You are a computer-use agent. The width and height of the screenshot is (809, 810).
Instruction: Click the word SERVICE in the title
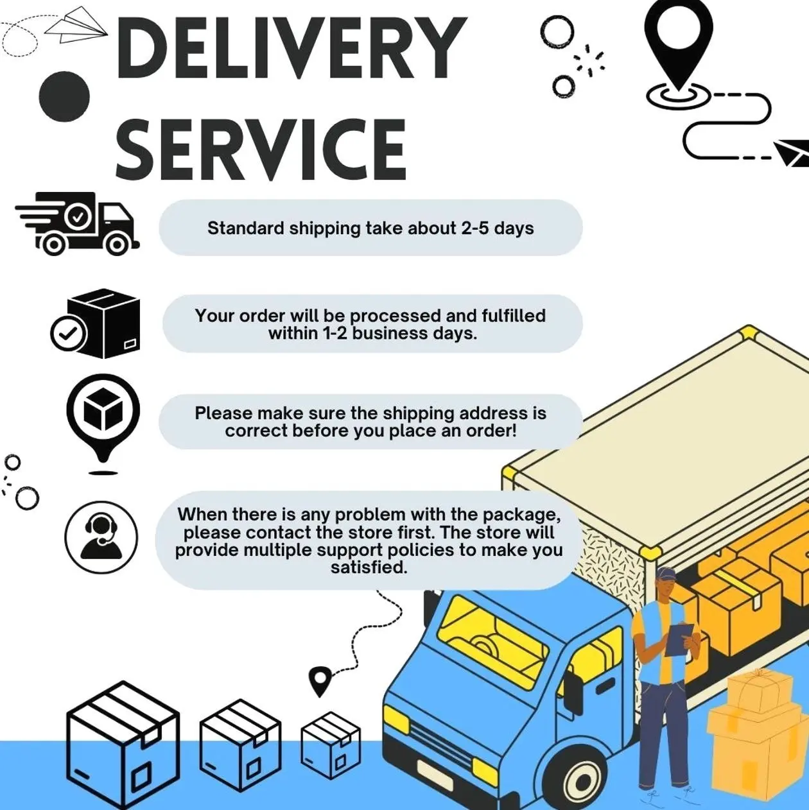(261, 149)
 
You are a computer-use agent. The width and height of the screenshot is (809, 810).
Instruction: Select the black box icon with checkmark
(96, 323)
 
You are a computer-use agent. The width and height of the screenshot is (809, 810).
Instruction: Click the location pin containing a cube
(103, 415)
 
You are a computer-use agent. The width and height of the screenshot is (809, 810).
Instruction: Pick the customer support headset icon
(101, 537)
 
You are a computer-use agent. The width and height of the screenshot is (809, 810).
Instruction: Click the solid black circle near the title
(64, 96)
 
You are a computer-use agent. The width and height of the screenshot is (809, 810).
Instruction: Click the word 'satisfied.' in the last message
(369, 567)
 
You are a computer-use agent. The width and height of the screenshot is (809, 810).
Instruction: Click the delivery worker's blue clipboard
(678, 639)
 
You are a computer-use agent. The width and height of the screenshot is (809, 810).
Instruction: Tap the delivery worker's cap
(665, 573)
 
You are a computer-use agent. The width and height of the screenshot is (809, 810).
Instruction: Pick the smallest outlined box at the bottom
(331, 745)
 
